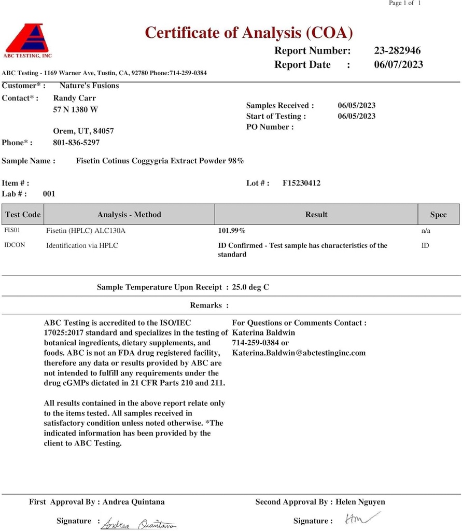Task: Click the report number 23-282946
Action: click(x=397, y=51)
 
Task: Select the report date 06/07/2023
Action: click(x=398, y=65)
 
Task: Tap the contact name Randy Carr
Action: click(x=75, y=98)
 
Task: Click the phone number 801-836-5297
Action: click(x=76, y=143)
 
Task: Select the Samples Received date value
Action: click(x=357, y=105)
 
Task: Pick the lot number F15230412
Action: click(x=301, y=183)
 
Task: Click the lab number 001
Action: click(x=49, y=194)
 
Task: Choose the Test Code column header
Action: click(x=23, y=215)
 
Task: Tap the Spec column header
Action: click(x=438, y=215)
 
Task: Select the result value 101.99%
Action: click(x=231, y=230)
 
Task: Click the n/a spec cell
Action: click(x=426, y=230)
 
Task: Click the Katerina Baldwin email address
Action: click(x=299, y=353)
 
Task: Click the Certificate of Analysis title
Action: click(x=249, y=33)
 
